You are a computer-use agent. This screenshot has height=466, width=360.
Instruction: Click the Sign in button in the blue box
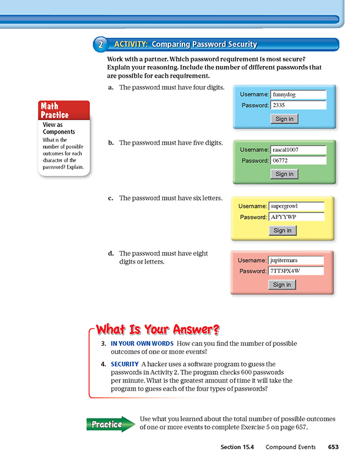click(x=284, y=119)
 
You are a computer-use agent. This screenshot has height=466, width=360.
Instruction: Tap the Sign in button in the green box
click(x=284, y=174)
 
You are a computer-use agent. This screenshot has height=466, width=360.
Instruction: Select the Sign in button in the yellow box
click(x=282, y=231)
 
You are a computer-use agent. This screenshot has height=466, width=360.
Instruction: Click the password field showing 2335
click(x=298, y=105)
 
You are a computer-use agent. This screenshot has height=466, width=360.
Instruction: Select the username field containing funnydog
click(x=298, y=94)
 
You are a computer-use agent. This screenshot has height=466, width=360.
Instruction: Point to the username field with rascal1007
click(x=298, y=149)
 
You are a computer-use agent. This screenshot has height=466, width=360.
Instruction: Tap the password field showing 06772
click(x=298, y=161)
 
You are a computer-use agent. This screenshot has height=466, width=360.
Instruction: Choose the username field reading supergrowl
click(x=296, y=207)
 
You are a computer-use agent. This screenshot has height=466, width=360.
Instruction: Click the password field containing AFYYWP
click(x=296, y=217)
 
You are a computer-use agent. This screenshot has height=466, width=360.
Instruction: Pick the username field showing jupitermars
click(x=296, y=260)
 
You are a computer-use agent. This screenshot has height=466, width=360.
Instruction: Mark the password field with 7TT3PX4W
click(x=296, y=271)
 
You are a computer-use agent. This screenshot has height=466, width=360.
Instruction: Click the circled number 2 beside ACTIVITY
click(x=101, y=44)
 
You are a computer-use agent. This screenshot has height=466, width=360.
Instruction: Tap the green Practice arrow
click(x=110, y=424)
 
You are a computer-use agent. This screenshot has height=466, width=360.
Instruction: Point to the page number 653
click(x=333, y=447)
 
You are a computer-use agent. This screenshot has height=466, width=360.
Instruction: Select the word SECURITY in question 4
click(x=124, y=364)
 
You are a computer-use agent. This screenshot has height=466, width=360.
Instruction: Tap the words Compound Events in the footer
click(x=291, y=447)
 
